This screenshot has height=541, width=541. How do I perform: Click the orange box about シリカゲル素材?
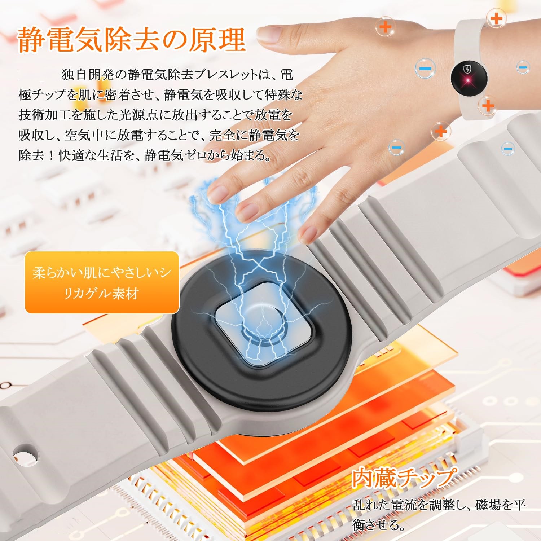[102, 282]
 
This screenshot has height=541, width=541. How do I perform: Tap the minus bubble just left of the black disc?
[425, 69]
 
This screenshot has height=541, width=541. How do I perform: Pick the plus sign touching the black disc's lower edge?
[488, 106]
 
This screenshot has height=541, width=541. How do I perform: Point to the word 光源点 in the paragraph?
[134, 115]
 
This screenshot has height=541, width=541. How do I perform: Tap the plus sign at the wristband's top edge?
[497, 18]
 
